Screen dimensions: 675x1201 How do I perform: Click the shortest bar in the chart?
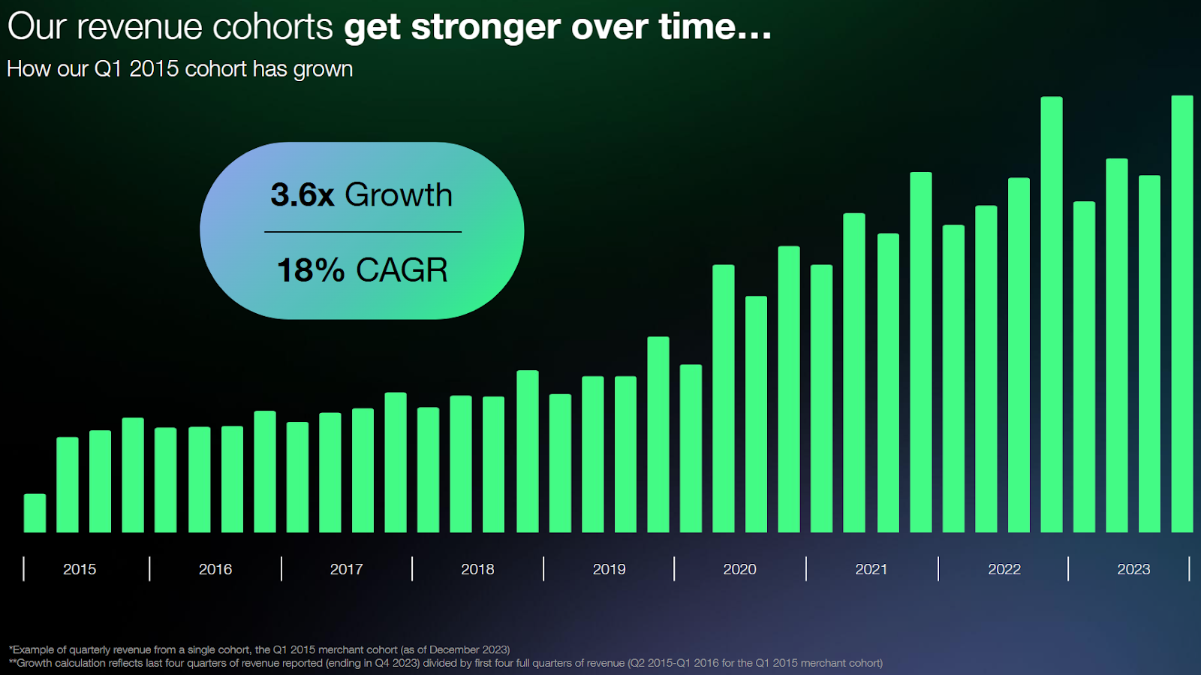pyautogui.click(x=35, y=514)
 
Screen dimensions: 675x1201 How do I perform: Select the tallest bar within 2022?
pyautogui.click(x=1052, y=315)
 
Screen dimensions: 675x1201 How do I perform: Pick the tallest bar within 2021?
pyautogui.click(x=921, y=352)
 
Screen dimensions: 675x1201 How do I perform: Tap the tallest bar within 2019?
pyautogui.click(x=658, y=435)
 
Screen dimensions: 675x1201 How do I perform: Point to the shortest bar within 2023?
pyautogui.click(x=1149, y=354)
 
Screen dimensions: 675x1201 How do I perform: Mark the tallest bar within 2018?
pyautogui.click(x=528, y=451)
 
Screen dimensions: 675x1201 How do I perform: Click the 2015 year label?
pyautogui.click(x=80, y=569)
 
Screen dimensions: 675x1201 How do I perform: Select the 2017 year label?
pyautogui.click(x=346, y=569)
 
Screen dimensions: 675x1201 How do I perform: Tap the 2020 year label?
pyautogui.click(x=739, y=569)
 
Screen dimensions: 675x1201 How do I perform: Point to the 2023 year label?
pyautogui.click(x=1133, y=569)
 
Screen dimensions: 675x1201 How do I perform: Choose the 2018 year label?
pyautogui.click(x=477, y=569)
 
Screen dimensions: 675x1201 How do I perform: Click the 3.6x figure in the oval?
pyautogui.click(x=302, y=195)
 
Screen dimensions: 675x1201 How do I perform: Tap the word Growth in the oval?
pyautogui.click(x=399, y=195)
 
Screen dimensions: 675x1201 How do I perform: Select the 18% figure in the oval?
pyautogui.click(x=310, y=270)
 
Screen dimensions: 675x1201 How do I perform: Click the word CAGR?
pyautogui.click(x=402, y=270)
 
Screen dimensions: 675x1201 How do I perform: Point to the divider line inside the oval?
pyautogui.click(x=363, y=232)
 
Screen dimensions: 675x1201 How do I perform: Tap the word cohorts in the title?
pyautogui.click(x=272, y=27)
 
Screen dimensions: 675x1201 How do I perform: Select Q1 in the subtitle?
pyautogui.click(x=107, y=69)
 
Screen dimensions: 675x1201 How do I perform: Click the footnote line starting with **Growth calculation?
pyautogui.click(x=446, y=663)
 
